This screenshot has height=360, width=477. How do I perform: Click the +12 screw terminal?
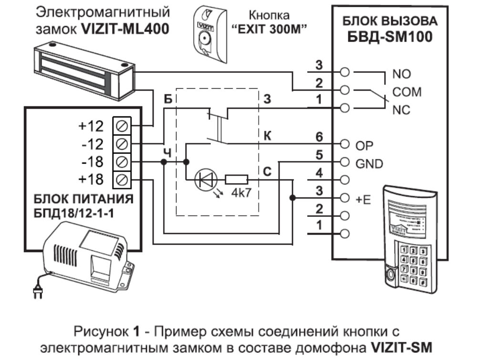click(x=121, y=126)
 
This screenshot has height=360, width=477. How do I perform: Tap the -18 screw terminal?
click(x=121, y=162)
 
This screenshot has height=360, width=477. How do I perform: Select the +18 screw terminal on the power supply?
click(x=121, y=180)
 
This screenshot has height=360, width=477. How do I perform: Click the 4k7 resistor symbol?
click(x=236, y=180)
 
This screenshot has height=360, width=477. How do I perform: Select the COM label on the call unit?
click(x=406, y=92)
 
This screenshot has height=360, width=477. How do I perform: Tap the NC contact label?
click(x=401, y=110)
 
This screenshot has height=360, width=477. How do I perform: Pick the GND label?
click(x=369, y=164)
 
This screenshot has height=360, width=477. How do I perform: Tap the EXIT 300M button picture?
click(x=208, y=32)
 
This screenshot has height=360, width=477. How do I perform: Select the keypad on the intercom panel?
click(x=413, y=264)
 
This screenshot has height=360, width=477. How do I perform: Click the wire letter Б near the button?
click(x=167, y=99)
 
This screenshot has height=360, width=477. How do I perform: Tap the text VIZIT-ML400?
click(x=125, y=29)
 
